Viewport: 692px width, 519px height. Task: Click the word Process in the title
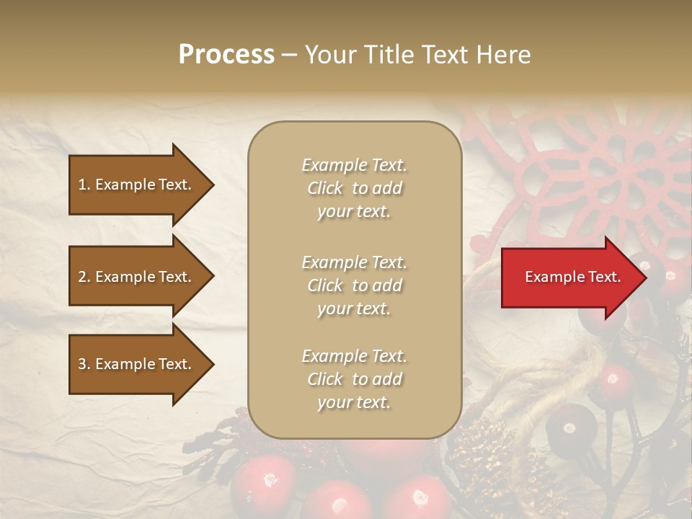tap(226, 55)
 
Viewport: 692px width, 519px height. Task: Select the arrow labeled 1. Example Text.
tap(137, 185)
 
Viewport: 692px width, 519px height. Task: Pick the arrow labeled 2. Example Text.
tap(137, 277)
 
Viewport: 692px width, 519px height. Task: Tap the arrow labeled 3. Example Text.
tap(137, 364)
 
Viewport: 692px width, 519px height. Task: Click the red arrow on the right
tap(569, 278)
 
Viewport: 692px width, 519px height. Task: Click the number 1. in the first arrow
tap(84, 185)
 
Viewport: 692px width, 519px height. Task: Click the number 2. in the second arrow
tap(84, 277)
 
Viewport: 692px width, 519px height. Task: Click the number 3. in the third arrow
tap(84, 364)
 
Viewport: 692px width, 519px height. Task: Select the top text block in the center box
tap(354, 188)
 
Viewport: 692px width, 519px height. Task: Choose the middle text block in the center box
tap(354, 285)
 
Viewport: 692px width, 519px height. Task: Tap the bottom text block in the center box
tap(354, 379)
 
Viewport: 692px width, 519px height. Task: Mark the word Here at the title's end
tap(505, 55)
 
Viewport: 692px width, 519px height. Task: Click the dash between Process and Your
tap(290, 55)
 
